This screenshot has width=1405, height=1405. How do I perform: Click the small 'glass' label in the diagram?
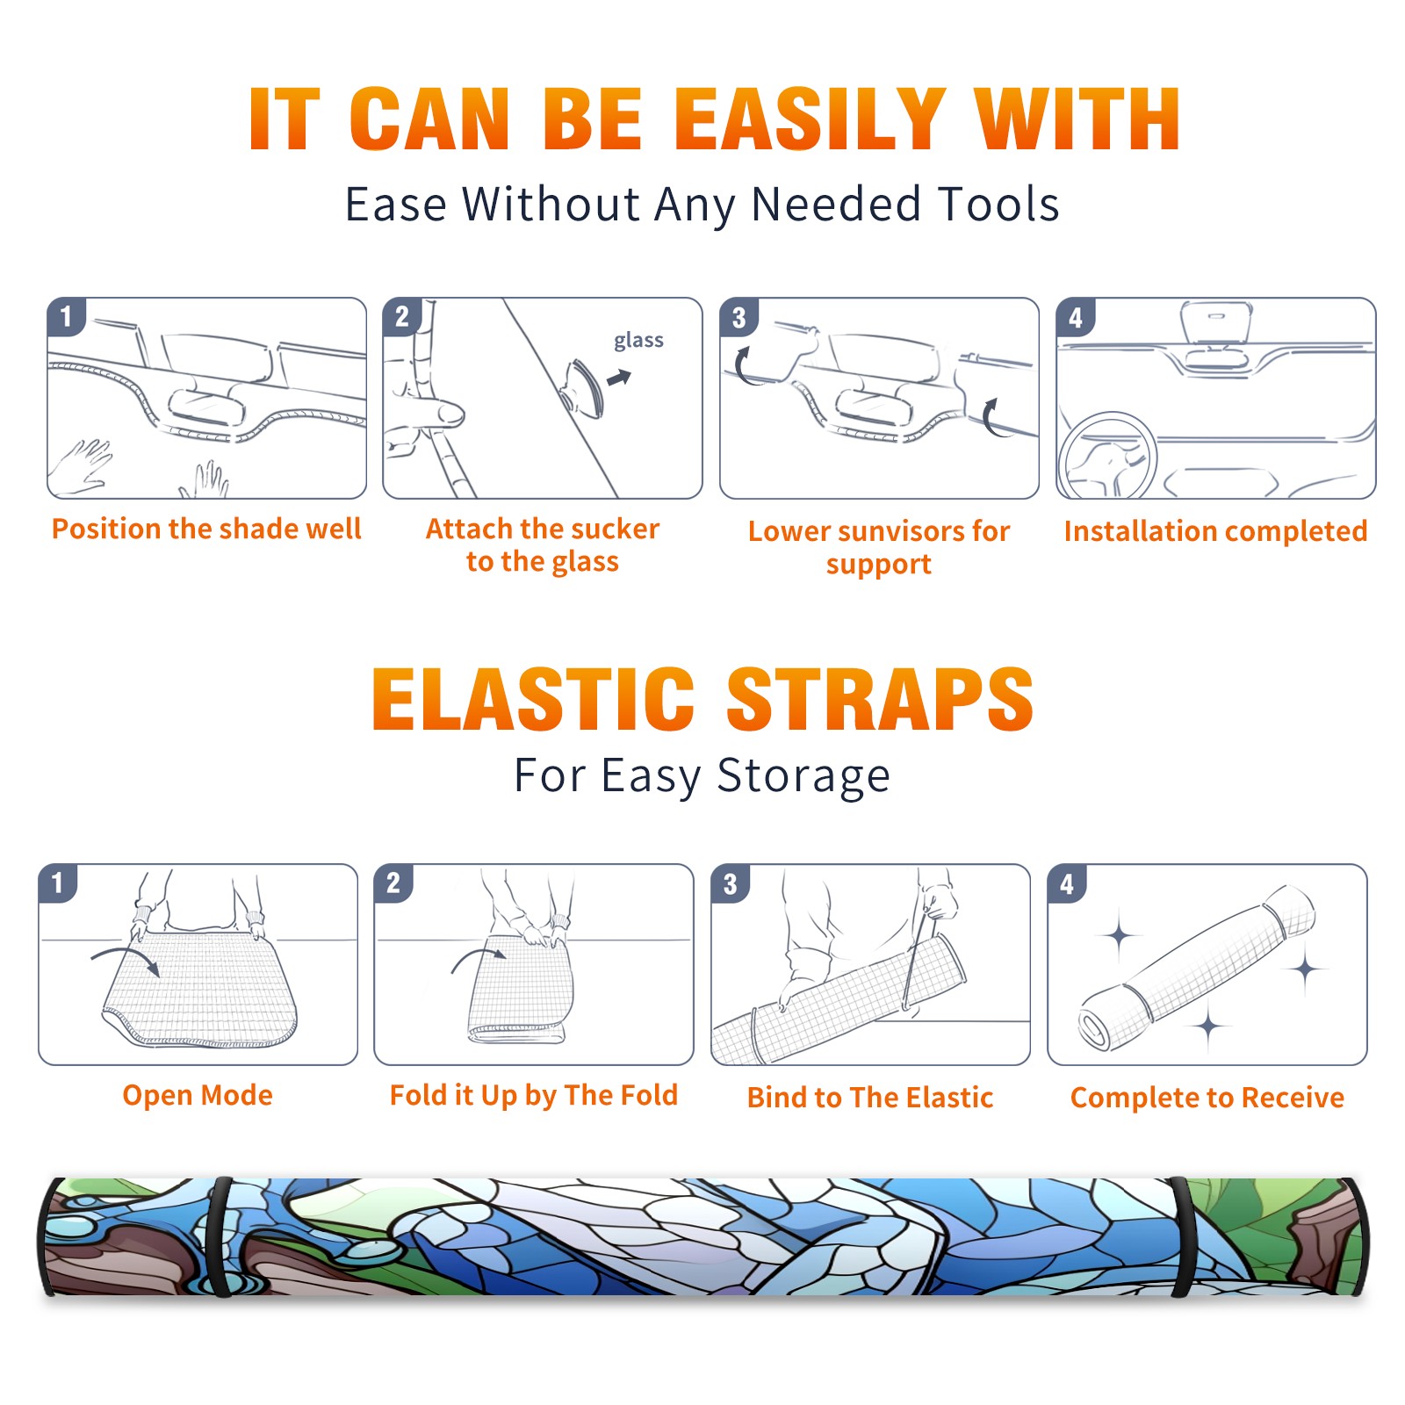tap(638, 341)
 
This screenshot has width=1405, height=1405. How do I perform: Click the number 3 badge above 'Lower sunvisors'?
tap(739, 318)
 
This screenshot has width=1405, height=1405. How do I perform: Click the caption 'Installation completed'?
tap(1215, 531)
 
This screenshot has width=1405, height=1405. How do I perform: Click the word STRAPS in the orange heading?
tap(881, 699)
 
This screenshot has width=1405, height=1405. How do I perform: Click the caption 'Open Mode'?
tap(198, 1095)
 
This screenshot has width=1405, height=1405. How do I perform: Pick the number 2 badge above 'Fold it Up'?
tap(393, 883)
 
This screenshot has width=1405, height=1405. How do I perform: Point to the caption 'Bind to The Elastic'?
tap(870, 1098)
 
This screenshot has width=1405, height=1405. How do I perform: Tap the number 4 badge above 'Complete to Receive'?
tap(1067, 883)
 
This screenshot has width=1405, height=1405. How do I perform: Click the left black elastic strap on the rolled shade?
tap(220, 1237)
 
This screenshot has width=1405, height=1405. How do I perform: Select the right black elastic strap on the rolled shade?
tap(1181, 1237)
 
